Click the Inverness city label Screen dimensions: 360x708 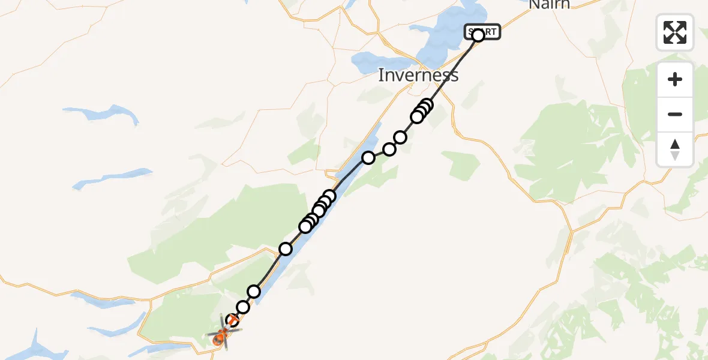click(418, 75)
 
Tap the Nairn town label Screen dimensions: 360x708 click(549, 5)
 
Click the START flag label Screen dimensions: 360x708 click(482, 32)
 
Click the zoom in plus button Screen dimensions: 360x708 click(675, 80)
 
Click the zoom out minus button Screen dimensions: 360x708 click(675, 114)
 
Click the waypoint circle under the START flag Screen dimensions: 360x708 click(478, 36)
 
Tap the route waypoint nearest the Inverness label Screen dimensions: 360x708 click(427, 105)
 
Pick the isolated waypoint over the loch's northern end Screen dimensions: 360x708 click(368, 158)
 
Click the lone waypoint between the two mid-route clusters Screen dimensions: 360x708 click(286, 249)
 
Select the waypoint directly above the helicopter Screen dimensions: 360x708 click(232, 321)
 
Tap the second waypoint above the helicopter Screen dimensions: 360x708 click(242, 307)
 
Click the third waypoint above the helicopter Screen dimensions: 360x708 click(254, 292)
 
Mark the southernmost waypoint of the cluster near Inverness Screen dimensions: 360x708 click(416, 117)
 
